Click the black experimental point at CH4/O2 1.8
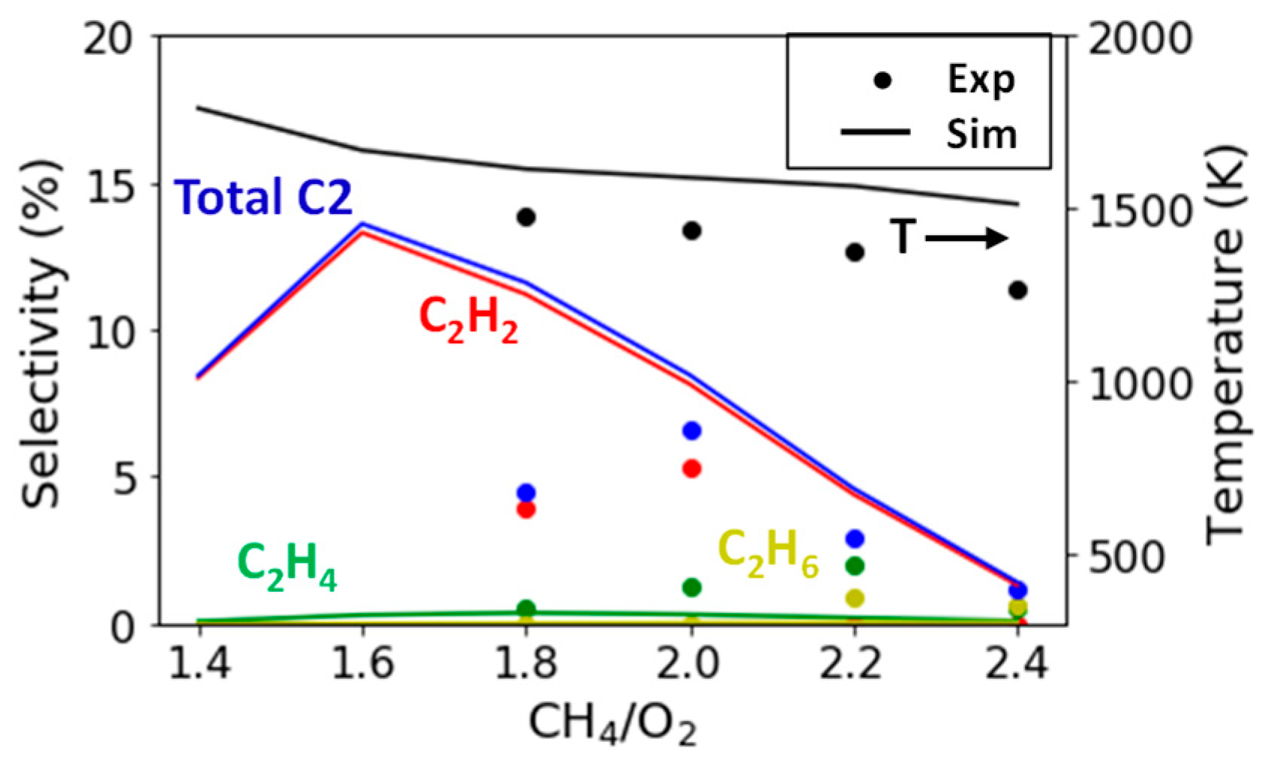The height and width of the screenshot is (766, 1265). click(526, 218)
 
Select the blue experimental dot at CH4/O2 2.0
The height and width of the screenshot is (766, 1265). click(692, 431)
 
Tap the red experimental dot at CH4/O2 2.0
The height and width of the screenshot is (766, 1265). click(692, 469)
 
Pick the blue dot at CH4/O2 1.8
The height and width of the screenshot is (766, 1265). click(526, 493)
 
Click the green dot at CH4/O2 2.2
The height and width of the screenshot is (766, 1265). click(855, 565)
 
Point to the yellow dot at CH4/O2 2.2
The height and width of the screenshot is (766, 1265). click(855, 598)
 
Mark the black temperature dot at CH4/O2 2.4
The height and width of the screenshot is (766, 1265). click(1017, 290)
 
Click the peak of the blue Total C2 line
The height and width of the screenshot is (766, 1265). click(362, 224)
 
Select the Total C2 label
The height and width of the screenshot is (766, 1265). click(263, 198)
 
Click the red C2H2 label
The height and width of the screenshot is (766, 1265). click(468, 318)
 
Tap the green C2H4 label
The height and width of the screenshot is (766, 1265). click(287, 565)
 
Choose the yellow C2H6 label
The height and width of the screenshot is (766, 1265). click(768, 553)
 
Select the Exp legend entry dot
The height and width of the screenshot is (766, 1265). click(883, 80)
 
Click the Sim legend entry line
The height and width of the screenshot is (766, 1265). click(875, 132)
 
